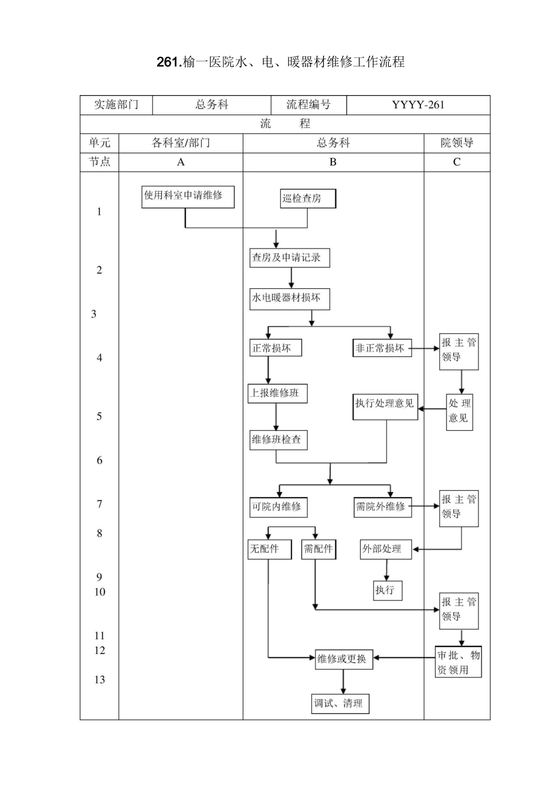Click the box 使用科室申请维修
[x=188, y=197]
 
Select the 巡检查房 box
[x=308, y=198]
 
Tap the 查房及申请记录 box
[x=290, y=258]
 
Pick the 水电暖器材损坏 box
[x=290, y=298]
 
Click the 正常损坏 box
[x=276, y=348]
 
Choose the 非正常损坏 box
[x=382, y=348]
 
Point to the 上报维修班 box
[x=277, y=393]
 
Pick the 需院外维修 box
[x=383, y=507]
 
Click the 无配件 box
[x=270, y=549]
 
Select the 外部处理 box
[x=386, y=549]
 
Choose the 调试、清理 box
[x=340, y=703]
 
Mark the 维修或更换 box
[x=344, y=659]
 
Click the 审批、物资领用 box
[x=458, y=662]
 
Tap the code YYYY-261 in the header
[x=418, y=105]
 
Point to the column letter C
[x=457, y=162]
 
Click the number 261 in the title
[x=169, y=62]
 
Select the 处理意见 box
[x=460, y=411]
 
